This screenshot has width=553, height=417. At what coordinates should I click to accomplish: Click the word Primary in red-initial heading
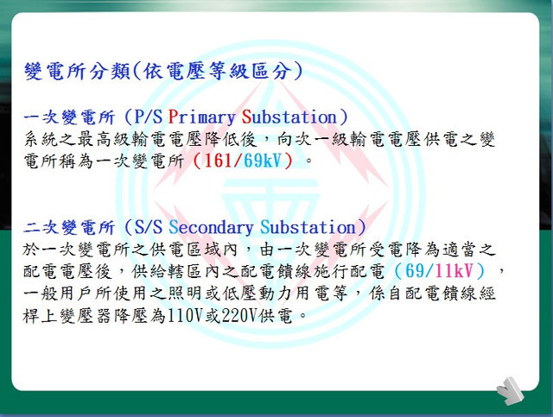(x=201, y=117)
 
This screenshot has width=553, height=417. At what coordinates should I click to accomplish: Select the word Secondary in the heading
(x=211, y=227)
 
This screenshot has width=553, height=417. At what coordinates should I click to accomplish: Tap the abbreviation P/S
(x=149, y=117)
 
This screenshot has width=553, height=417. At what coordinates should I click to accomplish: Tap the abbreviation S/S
(x=149, y=227)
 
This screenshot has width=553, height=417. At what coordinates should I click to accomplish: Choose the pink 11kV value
(x=454, y=271)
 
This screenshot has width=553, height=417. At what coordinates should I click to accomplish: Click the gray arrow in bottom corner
(x=511, y=390)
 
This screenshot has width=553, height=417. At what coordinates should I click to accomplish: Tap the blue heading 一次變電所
(x=69, y=117)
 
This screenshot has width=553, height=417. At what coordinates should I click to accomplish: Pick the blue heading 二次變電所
(x=69, y=227)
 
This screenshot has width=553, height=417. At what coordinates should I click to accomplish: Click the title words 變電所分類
(x=77, y=71)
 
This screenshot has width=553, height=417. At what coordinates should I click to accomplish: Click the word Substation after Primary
(x=289, y=117)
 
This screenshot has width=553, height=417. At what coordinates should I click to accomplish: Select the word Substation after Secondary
(x=308, y=227)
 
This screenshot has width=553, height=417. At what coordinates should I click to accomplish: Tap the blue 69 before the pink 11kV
(x=415, y=271)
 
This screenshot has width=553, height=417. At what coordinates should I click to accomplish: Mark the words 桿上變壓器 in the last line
(x=67, y=315)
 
